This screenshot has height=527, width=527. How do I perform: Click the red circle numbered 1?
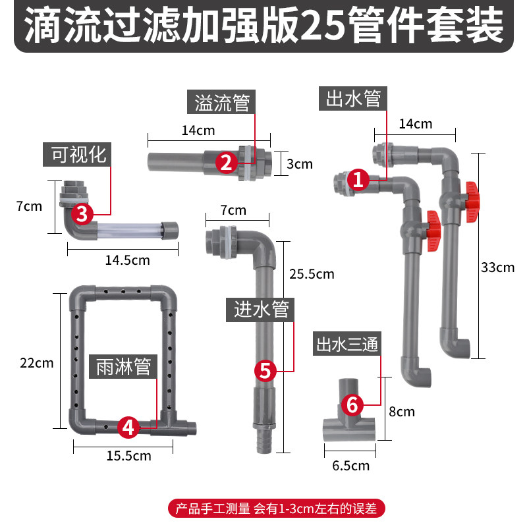click(357, 179)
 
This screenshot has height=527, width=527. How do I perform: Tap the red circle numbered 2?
click(225, 162)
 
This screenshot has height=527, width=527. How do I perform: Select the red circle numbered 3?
click(82, 213)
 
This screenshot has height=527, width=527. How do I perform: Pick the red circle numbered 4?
click(128, 428)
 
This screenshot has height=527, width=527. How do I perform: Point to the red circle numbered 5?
click(265, 370)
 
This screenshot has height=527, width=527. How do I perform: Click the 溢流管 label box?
click(221, 103)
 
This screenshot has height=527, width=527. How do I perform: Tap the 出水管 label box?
click(353, 99)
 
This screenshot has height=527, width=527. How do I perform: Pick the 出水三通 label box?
click(348, 345)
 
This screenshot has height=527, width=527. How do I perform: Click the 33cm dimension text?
click(497, 267)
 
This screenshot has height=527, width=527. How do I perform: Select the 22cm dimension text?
click(37, 363)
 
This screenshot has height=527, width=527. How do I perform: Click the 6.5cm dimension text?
click(350, 466)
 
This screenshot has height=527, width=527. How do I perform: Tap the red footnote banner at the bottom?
click(276, 509)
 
